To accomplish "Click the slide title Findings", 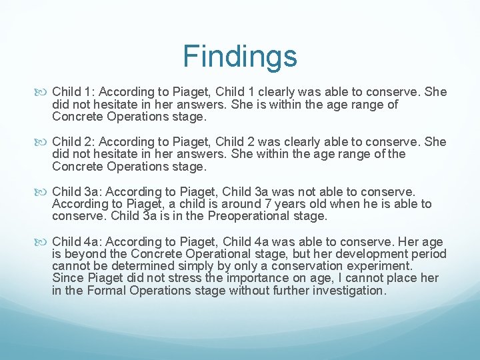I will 240,56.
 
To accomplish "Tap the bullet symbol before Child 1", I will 44,92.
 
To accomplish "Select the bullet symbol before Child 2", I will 44,142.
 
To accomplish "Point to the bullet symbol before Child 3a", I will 44,192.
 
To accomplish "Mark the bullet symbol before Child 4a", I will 44,242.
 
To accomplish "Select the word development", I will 375,254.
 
